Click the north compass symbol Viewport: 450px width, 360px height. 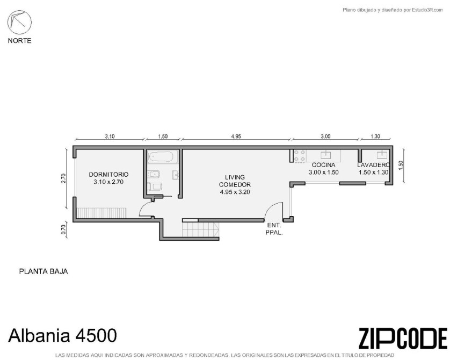(x=19, y=22)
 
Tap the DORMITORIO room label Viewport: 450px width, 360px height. (x=108, y=174)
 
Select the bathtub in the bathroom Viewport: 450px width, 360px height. (x=162, y=157)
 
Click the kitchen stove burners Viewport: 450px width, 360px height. (x=299, y=156)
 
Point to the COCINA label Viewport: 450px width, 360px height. (x=323, y=165)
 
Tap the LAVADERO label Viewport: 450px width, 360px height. (x=373, y=165)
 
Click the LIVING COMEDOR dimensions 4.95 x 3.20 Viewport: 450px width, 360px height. (x=235, y=192)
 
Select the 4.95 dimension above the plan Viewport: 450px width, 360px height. (x=236, y=136)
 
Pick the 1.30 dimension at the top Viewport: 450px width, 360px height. (x=375, y=136)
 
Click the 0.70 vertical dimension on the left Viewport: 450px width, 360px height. (x=64, y=229)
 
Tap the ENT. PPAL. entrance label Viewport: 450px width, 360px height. (x=274, y=229)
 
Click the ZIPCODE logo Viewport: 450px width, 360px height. (x=403, y=338)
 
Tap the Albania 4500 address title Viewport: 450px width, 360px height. (x=63, y=335)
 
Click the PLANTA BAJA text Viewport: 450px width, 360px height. (x=43, y=271)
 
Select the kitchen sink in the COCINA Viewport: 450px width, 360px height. (x=326, y=155)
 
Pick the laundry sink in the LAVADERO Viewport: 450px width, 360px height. (x=382, y=155)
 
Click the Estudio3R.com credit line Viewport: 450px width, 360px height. (x=393, y=10)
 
